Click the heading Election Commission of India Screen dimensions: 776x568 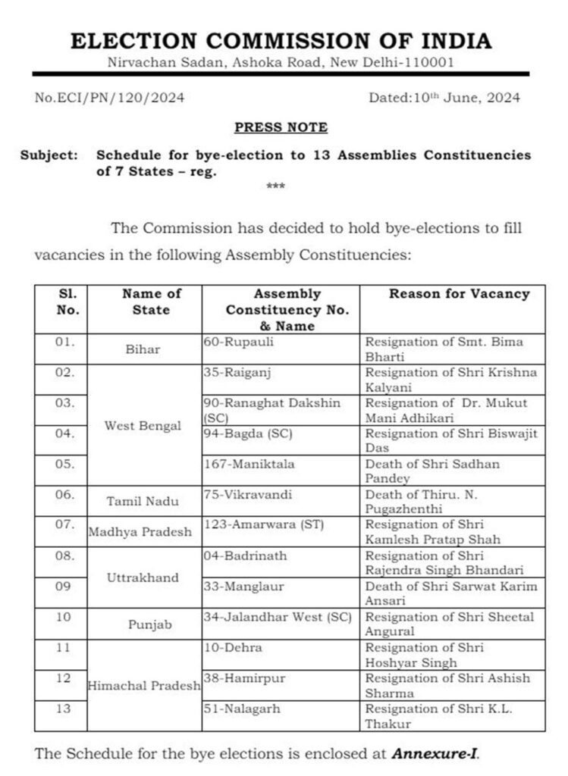point(281,41)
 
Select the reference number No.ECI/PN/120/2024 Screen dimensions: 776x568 point(109,98)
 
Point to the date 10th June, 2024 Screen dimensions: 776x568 point(444,98)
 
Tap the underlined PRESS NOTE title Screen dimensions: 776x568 point(281,127)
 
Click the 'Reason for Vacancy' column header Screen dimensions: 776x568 point(459,294)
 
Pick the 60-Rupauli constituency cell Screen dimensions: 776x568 point(238,343)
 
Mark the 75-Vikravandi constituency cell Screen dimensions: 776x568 point(243,495)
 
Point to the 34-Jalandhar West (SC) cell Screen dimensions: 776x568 point(277,617)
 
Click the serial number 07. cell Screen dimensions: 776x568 point(65,525)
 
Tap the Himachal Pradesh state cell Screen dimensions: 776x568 point(144,685)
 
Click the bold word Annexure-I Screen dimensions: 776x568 point(435,754)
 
